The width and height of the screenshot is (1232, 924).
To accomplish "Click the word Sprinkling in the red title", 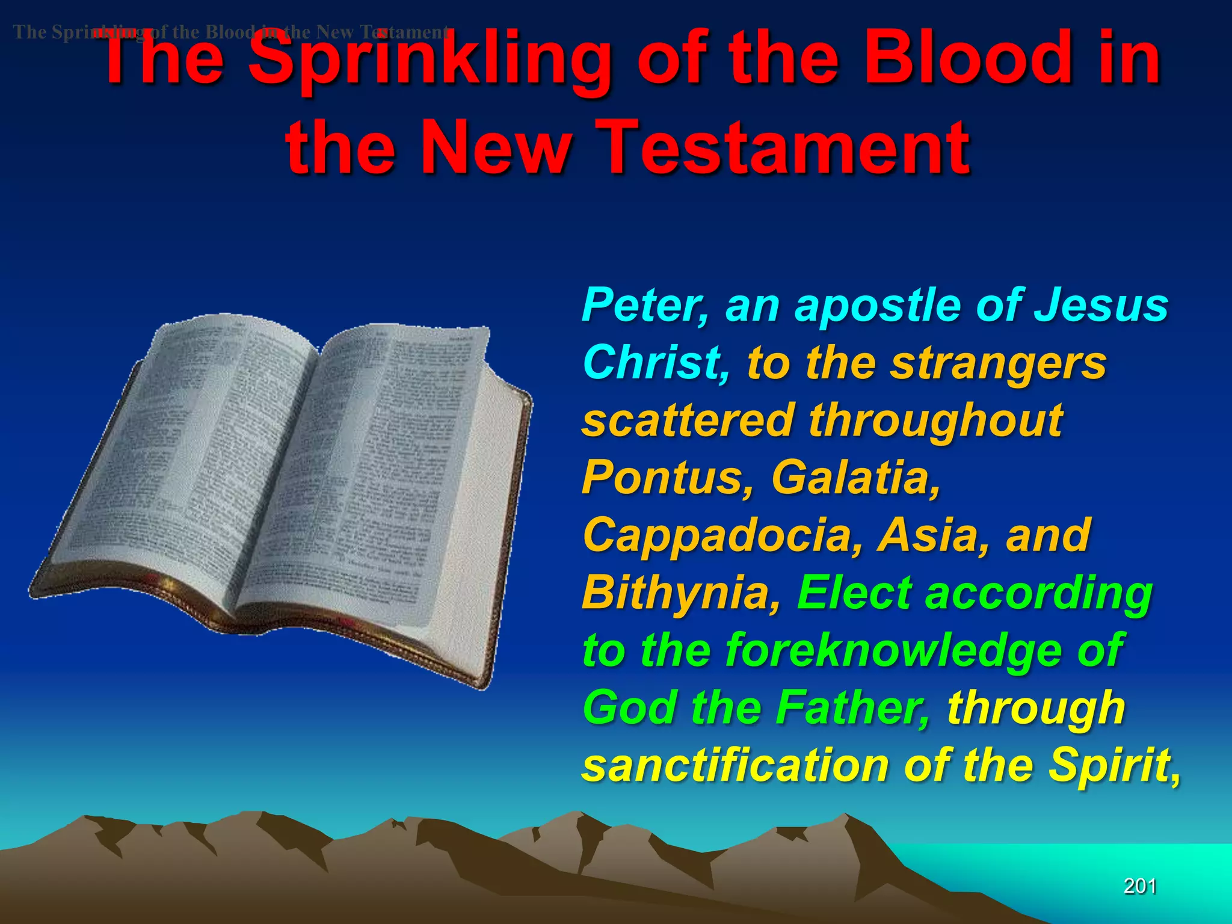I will [x=430, y=60].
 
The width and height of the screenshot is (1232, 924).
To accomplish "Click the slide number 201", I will [x=1140, y=886].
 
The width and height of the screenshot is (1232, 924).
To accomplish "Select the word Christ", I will [x=656, y=363].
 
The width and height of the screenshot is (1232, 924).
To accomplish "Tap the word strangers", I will [x=998, y=364].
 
